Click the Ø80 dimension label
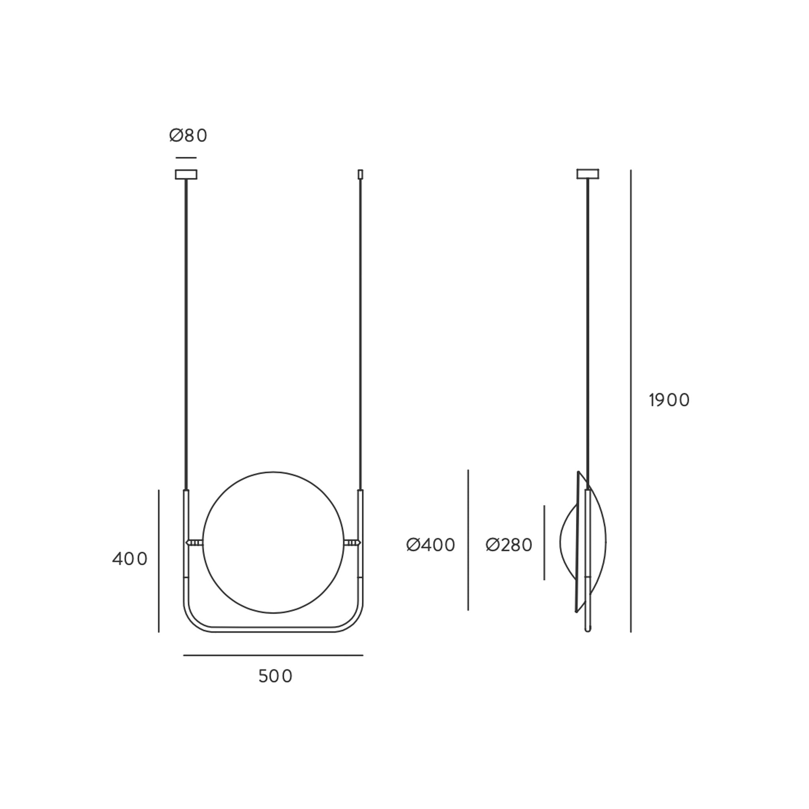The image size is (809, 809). [188, 135]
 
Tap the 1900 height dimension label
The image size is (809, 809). [669, 400]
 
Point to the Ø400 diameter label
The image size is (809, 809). [431, 545]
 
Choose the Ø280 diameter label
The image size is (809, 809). [509, 545]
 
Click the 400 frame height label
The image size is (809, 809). [130, 559]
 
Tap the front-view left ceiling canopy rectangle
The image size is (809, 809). [186, 174]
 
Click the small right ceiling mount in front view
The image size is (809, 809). [360, 174]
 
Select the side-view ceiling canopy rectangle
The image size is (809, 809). [588, 174]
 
